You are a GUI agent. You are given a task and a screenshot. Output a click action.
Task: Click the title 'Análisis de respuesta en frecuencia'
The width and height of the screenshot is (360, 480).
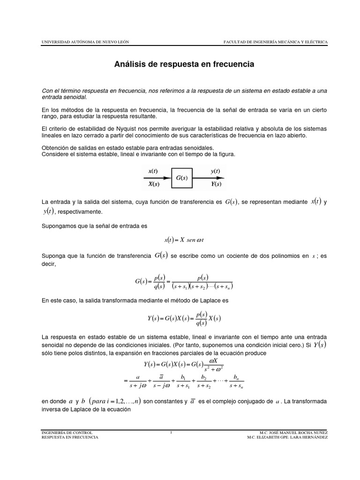tap(184, 64)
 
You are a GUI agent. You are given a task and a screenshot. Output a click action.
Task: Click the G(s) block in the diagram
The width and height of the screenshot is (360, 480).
tap(182, 178)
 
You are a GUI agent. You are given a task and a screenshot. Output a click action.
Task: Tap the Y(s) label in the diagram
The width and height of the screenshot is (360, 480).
tap(215, 184)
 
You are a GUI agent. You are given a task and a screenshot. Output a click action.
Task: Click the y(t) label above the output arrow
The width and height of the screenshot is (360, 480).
tap(215, 172)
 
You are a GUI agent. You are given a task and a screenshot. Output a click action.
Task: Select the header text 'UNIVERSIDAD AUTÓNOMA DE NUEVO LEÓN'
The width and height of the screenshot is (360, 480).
tap(85, 42)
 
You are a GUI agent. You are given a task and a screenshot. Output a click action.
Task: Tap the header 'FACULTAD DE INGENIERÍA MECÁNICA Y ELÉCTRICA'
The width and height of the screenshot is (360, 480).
tap(276, 42)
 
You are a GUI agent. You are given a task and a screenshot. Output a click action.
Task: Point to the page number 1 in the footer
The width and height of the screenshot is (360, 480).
tap(172, 432)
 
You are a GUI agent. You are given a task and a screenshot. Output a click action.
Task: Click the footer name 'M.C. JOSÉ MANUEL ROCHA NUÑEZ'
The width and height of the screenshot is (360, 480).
tap(293, 432)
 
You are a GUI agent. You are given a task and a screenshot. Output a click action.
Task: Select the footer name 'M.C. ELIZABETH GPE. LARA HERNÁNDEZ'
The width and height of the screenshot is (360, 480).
tap(287, 437)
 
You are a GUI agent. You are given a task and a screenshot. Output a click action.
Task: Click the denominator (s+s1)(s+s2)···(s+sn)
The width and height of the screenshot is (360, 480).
tap(202, 286)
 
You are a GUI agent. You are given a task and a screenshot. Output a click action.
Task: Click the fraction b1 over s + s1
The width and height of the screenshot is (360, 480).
tap(181, 382)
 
